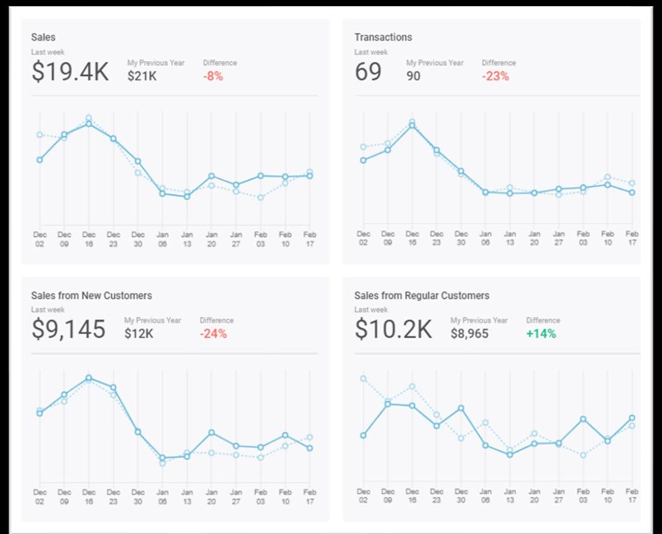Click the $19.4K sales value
(x=70, y=72)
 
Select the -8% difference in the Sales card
(x=212, y=76)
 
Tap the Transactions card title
(x=383, y=38)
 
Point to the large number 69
(x=368, y=72)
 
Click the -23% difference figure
(x=495, y=76)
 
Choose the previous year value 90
(x=413, y=76)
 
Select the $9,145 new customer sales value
(x=68, y=330)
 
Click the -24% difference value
(x=213, y=334)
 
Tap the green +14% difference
(x=541, y=334)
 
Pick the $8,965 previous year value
(x=469, y=334)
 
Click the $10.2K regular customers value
(x=393, y=330)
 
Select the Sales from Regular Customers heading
(x=422, y=296)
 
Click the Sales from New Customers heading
(x=91, y=296)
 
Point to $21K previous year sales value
(x=142, y=76)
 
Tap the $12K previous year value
(x=139, y=334)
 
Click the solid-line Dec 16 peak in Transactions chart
(x=412, y=126)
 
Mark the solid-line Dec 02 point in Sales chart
(x=40, y=160)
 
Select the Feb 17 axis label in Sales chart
(x=310, y=239)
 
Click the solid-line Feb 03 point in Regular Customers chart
(x=583, y=419)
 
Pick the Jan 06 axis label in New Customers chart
(x=163, y=496)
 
